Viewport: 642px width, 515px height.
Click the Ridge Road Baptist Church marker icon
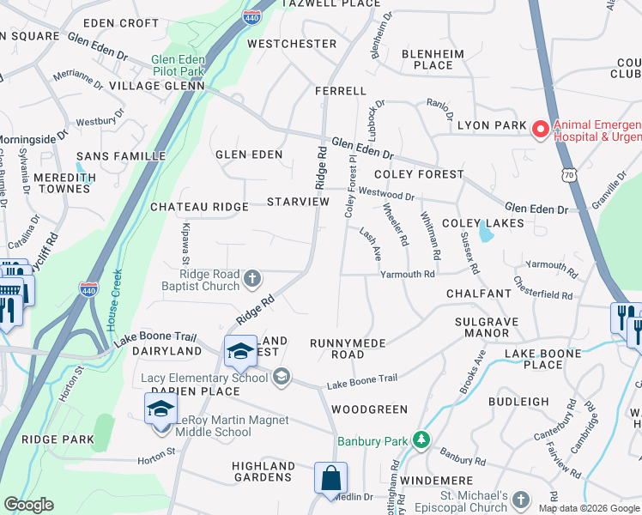click(x=252, y=278)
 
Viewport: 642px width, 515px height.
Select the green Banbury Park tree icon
click(x=421, y=441)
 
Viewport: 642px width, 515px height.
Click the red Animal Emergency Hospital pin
click(x=540, y=130)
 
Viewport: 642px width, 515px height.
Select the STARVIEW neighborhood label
click(x=298, y=202)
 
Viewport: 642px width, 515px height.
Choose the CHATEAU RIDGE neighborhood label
click(x=199, y=207)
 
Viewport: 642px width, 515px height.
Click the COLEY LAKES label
click(x=482, y=223)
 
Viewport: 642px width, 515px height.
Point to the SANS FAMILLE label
click(x=121, y=156)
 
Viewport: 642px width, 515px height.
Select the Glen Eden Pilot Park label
click(x=178, y=65)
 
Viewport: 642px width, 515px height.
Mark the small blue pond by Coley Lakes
click(x=487, y=232)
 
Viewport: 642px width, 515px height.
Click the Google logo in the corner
click(x=28, y=506)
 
